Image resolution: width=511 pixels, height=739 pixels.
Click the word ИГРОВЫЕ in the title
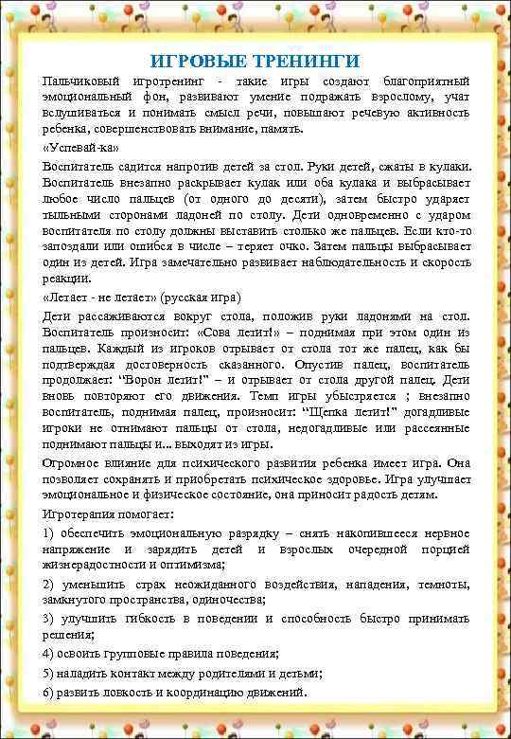195,62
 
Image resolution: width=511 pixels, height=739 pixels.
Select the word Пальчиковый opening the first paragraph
80,82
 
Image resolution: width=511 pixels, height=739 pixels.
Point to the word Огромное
73,463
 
